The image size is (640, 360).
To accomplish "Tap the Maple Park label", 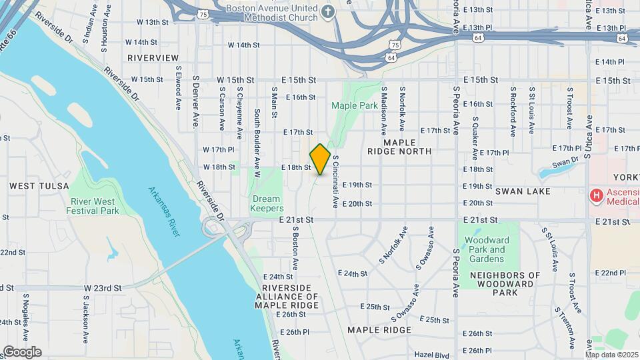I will point(354,105).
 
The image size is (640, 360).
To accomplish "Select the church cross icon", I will point(327,11).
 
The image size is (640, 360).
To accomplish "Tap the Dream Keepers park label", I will point(266,203).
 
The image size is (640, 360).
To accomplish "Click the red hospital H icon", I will point(597,195).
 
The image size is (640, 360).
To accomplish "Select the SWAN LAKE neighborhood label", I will point(523,191).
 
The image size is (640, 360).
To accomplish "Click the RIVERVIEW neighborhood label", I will point(153,58).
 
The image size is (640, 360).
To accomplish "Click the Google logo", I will point(22,352).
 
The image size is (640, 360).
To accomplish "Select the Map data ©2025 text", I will point(611,355).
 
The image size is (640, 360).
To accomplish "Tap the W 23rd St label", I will point(103,288).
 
